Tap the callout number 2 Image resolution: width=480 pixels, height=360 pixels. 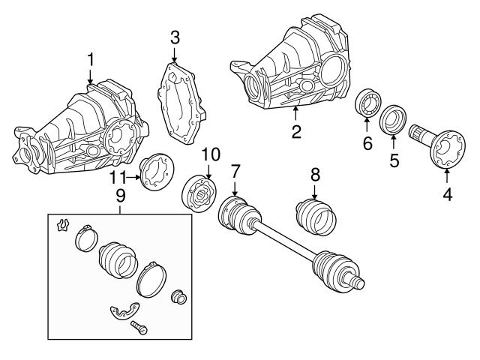click(x=296, y=133)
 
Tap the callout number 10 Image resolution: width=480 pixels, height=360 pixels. click(x=210, y=155)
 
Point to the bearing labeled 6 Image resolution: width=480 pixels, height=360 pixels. click(x=367, y=103)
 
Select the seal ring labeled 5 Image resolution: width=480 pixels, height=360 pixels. click(x=394, y=120)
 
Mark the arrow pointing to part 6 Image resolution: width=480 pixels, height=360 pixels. click(x=367, y=123)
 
